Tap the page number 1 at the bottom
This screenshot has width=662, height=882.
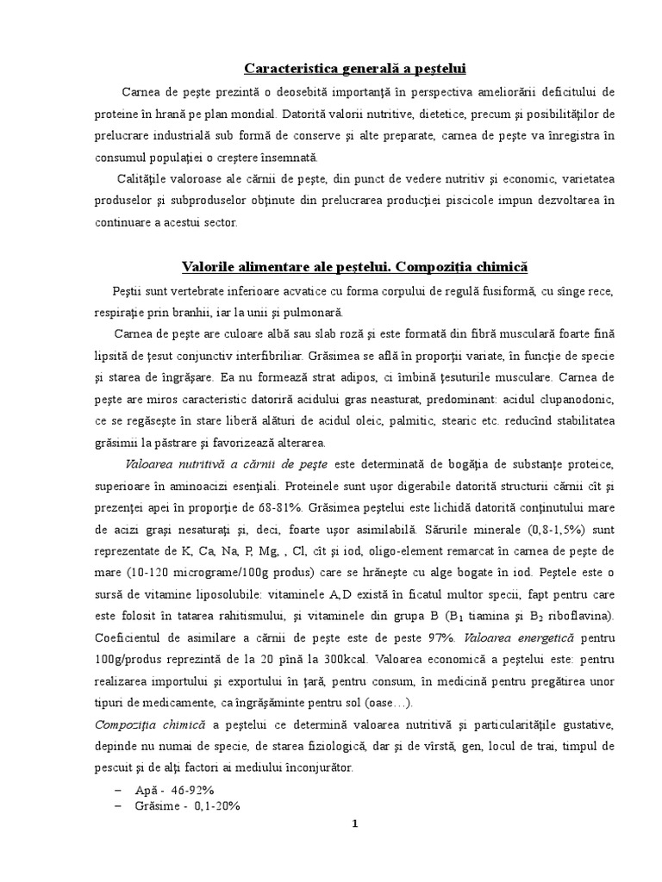pos(354,823)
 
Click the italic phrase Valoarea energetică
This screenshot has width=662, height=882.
pos(508,637)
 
